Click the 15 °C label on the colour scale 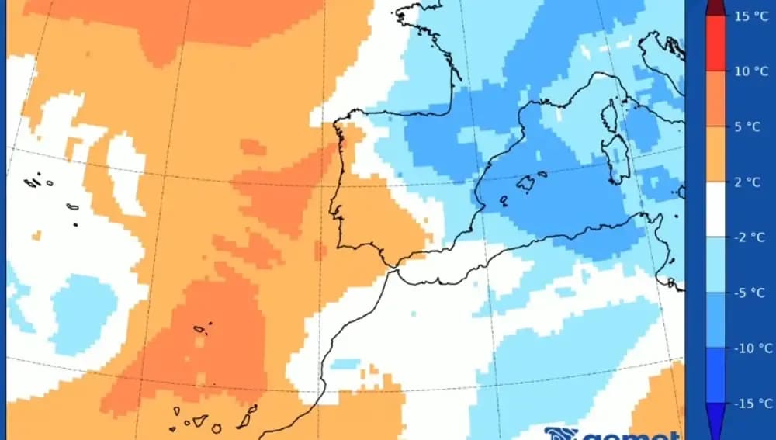(750, 16)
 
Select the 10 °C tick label (750, 71)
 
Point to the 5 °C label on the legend (749, 126)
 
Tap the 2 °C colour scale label (749, 182)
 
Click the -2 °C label (749, 237)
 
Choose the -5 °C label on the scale (749, 293)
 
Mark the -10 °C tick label (751, 348)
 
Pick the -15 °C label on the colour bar (751, 403)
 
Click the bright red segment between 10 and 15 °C (715, 43)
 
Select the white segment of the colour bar (715, 210)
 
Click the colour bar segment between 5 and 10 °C (715, 99)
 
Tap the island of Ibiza (504, 199)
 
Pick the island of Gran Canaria (216, 428)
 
